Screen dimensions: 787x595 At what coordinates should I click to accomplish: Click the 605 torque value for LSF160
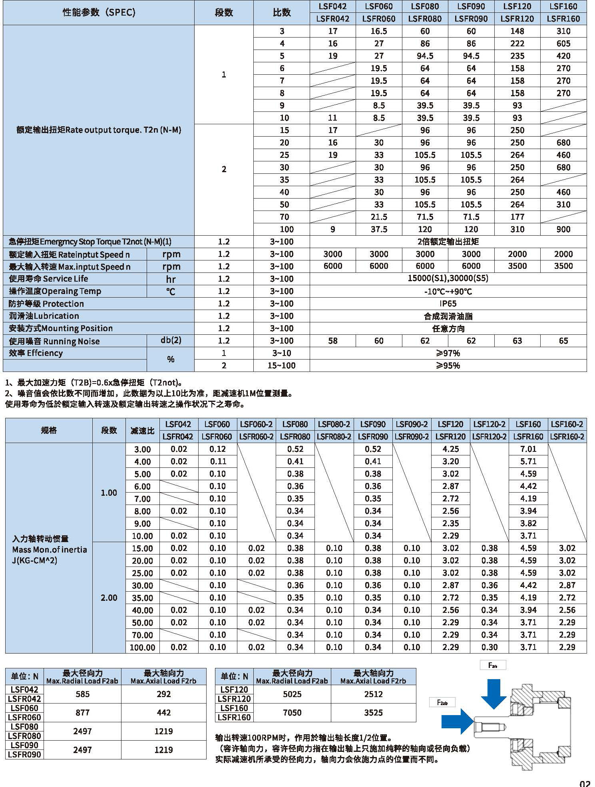563,44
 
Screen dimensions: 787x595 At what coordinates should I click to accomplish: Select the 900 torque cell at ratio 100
563,229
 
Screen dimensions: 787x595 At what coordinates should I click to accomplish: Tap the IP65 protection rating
448,304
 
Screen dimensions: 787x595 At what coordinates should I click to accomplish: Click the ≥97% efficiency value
448,353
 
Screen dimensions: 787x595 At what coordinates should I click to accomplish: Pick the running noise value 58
332,341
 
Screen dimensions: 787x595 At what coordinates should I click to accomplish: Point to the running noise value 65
563,341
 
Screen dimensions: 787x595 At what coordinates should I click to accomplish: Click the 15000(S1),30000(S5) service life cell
448,278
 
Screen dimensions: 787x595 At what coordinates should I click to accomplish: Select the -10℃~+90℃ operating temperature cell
448,291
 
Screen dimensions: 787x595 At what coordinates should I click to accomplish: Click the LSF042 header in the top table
332,6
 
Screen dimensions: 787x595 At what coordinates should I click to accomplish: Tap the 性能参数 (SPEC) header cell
99,12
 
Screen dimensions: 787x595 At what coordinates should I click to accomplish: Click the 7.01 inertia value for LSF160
528,449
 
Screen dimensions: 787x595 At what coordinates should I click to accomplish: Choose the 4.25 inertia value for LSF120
450,449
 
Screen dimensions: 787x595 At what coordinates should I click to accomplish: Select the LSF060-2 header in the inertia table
256,424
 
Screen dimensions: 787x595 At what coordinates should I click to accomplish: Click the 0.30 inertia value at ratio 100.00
489,647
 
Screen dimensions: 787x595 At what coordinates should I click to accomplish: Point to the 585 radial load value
82,694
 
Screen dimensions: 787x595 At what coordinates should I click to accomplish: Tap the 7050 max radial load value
292,713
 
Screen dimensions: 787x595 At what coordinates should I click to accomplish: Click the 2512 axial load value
373,694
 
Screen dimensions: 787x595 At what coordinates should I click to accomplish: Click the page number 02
585,783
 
